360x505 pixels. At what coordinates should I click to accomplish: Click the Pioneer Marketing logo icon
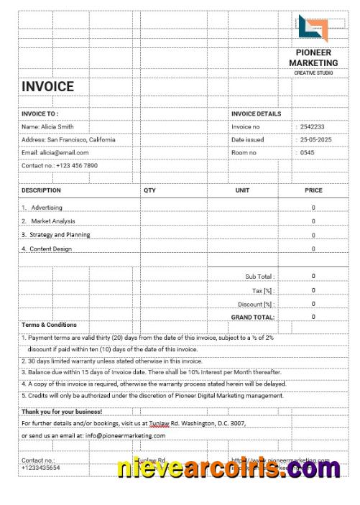tap(313, 29)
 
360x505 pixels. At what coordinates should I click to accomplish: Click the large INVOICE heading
tap(47, 87)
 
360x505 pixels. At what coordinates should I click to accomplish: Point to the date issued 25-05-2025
tap(316, 140)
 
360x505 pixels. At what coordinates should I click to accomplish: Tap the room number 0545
tap(308, 153)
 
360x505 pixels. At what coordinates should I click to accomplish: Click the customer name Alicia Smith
tap(47, 127)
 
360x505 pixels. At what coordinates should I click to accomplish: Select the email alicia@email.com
tap(55, 153)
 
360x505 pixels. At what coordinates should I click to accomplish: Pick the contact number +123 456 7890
tap(60, 166)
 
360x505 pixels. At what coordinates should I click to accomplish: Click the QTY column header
tap(149, 191)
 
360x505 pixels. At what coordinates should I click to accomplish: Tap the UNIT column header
tap(242, 191)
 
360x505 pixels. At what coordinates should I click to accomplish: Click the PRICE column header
tap(313, 191)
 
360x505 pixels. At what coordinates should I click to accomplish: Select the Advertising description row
tap(46, 208)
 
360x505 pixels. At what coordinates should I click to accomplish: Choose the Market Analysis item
tap(52, 221)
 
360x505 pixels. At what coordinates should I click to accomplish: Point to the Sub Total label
tap(259, 277)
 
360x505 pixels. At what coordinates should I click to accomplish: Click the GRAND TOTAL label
tap(253, 317)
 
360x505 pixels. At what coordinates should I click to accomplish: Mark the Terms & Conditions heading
tap(49, 325)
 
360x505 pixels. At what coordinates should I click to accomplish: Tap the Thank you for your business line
tap(62, 412)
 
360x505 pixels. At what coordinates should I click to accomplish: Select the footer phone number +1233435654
tap(41, 468)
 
